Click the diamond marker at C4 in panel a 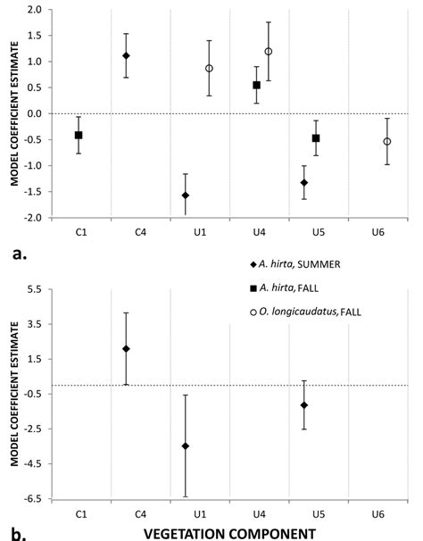(x=126, y=55)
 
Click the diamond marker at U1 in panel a (x=186, y=195)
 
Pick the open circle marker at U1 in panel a (x=209, y=68)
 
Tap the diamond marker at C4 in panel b (x=126, y=349)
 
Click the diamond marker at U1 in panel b (x=186, y=445)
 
